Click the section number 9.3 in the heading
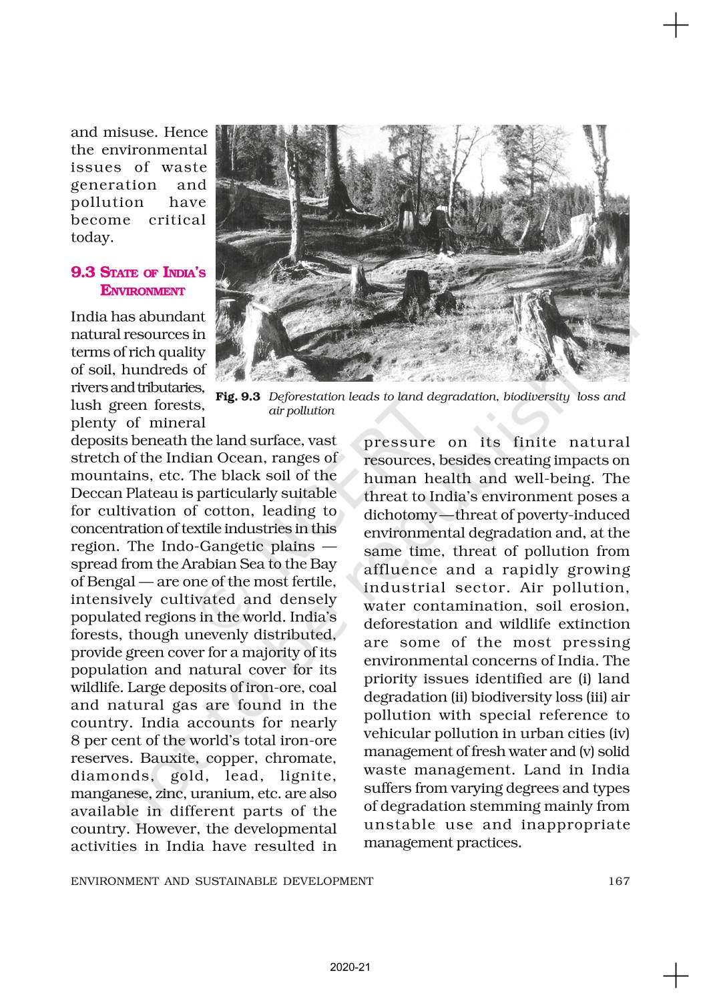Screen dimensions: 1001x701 83,272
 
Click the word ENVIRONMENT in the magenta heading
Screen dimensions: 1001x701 142,290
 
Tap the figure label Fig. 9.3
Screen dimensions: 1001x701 238,396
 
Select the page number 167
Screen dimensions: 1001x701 619,881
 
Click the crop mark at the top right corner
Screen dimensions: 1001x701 676,26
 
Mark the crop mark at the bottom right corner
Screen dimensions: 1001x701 676,975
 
